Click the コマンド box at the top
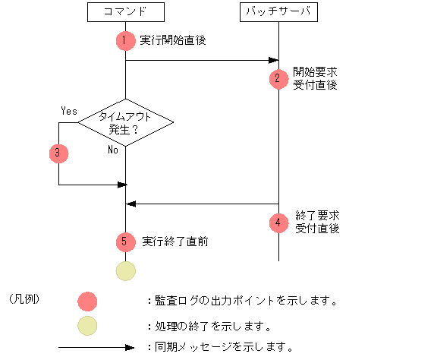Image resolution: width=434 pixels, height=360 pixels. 125,12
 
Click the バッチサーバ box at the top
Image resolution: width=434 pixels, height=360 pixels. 278,12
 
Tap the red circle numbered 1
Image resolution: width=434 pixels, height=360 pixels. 125,40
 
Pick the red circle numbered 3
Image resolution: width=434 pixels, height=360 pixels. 58,153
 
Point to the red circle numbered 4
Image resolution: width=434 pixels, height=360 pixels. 278,223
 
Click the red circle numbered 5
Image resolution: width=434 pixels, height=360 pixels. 125,242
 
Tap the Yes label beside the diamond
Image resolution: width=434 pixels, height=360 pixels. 69,111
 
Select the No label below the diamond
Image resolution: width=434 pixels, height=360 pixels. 112,150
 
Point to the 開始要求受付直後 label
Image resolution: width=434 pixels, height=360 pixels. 315,78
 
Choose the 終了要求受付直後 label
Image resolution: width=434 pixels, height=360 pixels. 316,222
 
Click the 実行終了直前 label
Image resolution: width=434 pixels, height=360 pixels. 175,242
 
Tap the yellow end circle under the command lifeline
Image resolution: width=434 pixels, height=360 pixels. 125,270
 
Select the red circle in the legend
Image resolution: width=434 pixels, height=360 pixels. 89,301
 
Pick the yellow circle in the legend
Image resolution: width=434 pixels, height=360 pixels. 89,326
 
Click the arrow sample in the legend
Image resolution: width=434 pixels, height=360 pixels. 96,349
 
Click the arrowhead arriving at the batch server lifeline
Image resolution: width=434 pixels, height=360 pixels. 274,61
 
